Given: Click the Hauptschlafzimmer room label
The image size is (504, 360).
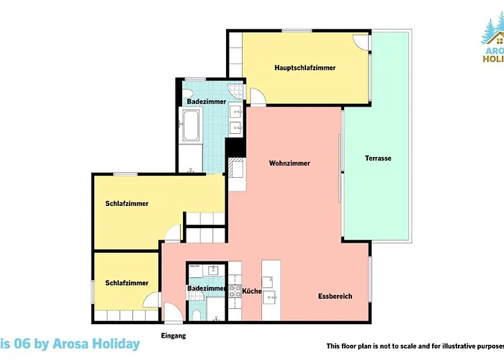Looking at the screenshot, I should (x=305, y=68).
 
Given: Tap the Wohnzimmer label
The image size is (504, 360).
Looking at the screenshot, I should (x=289, y=163).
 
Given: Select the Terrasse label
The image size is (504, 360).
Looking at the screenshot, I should (x=378, y=158).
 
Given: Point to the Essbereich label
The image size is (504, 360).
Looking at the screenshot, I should (x=336, y=296).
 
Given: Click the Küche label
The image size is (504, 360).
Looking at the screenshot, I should (x=252, y=291).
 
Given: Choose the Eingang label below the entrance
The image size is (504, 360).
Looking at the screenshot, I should (x=173, y=336).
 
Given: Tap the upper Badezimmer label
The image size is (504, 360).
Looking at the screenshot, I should (x=204, y=102).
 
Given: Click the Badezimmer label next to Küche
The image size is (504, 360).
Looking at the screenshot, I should (x=207, y=289).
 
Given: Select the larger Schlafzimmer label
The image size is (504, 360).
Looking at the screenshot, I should (x=127, y=204).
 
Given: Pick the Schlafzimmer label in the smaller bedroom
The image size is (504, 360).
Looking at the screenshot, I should (x=127, y=283).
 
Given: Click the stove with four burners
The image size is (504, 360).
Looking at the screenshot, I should (x=235, y=292).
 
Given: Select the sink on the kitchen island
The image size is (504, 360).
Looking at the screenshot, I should (x=271, y=295).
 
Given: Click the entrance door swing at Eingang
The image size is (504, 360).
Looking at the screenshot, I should (x=174, y=312).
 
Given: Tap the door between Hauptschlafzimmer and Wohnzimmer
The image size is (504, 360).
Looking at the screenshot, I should (x=257, y=97).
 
